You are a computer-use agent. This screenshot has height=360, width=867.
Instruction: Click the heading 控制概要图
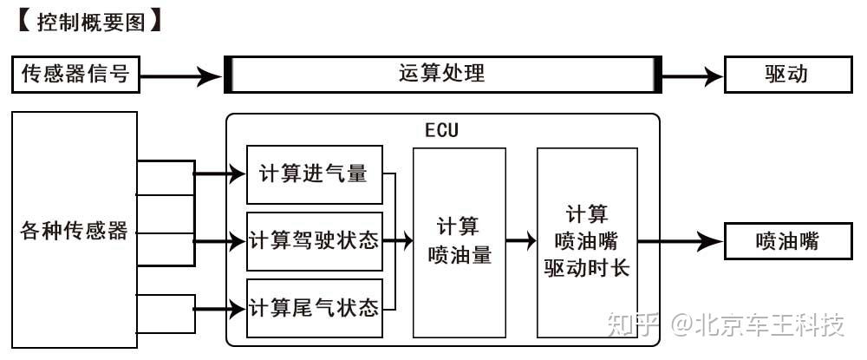(91, 23)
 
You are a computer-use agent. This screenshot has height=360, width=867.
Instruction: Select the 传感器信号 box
(75, 74)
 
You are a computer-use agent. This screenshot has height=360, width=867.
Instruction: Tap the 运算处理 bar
(443, 74)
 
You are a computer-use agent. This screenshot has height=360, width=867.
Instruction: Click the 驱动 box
(788, 74)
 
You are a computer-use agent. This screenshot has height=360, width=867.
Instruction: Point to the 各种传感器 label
(74, 230)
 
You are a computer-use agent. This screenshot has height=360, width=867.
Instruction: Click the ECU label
(442, 130)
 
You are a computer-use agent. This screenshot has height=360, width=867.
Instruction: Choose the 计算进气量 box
(315, 174)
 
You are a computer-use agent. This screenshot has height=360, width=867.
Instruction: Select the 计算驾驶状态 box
(315, 241)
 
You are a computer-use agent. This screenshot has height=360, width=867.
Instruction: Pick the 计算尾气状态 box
(315, 309)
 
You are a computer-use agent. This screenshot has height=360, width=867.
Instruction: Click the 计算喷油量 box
(460, 242)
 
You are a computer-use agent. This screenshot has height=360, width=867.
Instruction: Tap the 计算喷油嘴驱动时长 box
(587, 242)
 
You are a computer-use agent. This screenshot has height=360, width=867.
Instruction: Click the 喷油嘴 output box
(788, 241)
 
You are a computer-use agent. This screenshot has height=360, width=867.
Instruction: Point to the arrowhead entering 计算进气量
(237, 174)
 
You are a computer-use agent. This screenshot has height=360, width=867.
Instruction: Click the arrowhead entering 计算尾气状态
(237, 309)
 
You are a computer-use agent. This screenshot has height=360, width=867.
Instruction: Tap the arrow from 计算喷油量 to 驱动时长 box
(521, 240)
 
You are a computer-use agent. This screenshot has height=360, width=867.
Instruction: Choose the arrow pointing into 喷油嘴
(681, 241)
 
